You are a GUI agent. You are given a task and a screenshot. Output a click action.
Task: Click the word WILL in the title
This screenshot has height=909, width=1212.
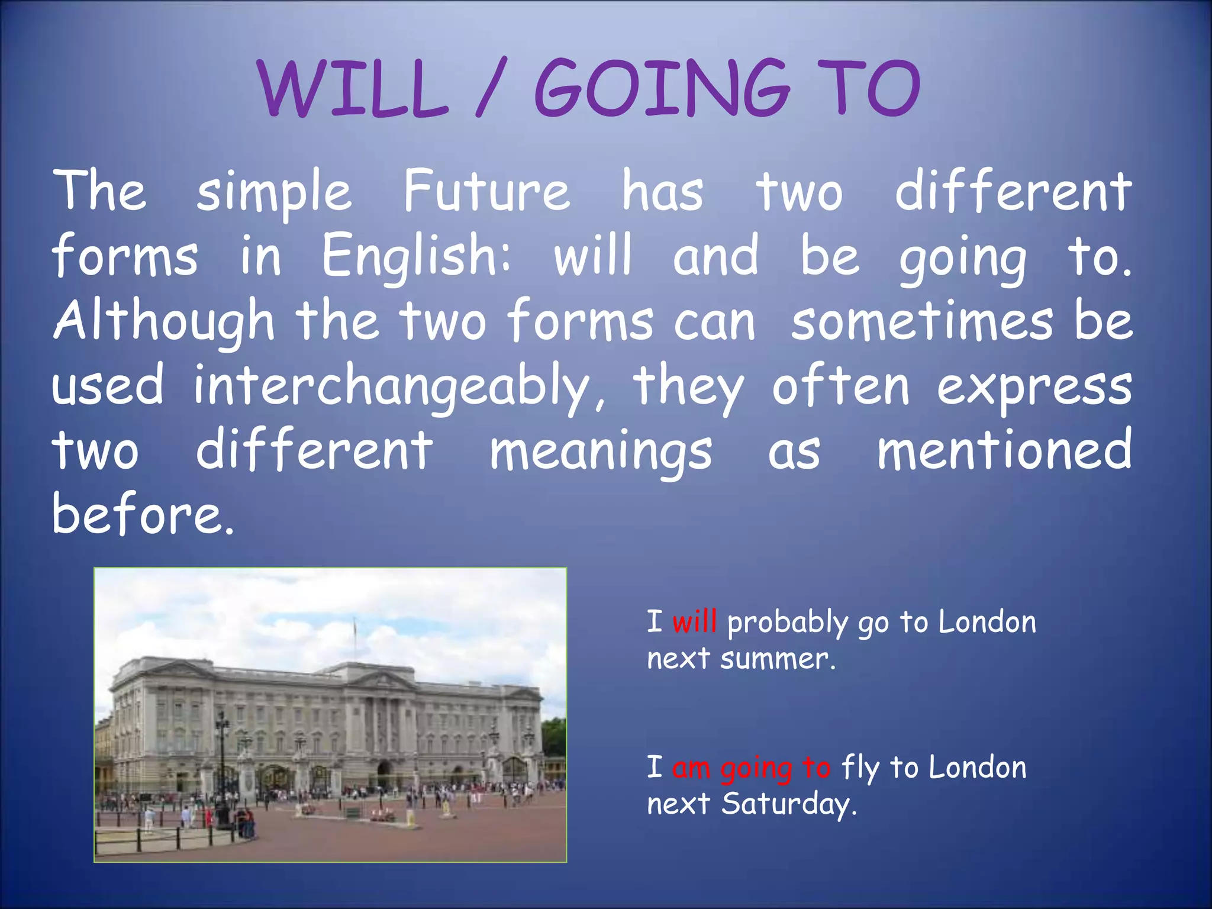(353, 89)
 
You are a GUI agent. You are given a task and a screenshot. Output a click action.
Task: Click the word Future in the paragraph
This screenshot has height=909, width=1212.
(486, 191)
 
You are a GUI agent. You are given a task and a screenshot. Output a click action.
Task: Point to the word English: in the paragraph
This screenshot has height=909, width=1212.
(416, 256)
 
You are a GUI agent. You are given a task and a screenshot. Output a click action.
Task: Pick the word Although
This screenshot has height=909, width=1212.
(164, 321)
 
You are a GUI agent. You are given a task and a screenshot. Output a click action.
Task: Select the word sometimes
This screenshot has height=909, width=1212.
(922, 321)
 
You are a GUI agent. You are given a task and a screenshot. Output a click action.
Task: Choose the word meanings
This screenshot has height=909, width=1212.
(601, 452)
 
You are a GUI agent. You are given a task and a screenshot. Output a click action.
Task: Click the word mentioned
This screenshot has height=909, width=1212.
(1004, 450)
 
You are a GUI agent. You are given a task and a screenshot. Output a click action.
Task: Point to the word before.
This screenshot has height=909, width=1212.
(143, 514)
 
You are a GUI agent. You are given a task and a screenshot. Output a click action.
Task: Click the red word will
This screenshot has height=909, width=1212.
(694, 622)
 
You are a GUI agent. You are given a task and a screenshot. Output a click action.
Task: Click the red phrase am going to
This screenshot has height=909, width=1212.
(751, 768)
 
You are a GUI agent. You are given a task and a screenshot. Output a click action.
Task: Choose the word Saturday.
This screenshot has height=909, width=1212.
(789, 804)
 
